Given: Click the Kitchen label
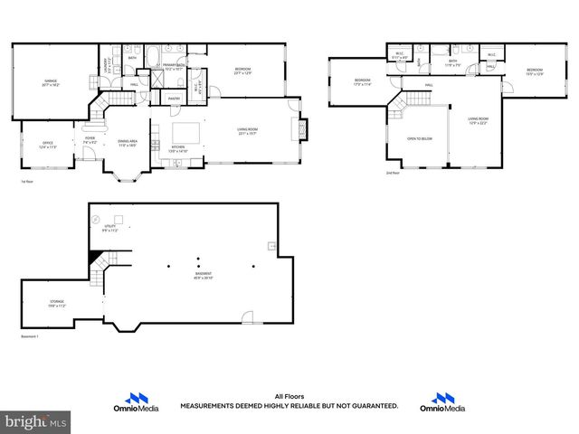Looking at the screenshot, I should point(178,149).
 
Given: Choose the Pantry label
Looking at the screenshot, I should point(175,99).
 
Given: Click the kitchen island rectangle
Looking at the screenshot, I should point(192,128).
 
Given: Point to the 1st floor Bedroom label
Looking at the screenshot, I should point(242,71).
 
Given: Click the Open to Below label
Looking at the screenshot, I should point(419,138).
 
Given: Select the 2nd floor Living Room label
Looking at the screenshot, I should point(478,121).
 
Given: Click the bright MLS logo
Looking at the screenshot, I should point(36,421).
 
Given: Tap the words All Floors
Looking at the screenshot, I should point(289,396).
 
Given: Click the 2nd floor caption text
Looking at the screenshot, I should point(392,172).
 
